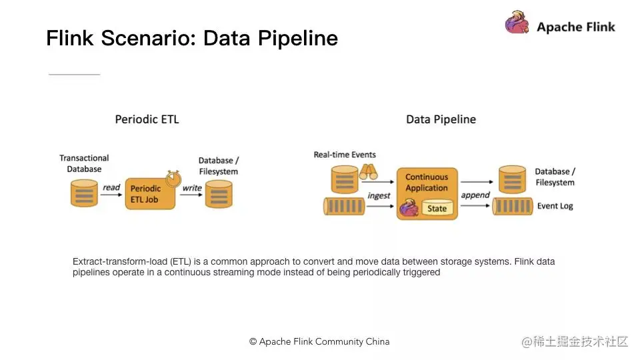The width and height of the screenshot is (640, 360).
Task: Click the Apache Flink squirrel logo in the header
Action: click(517, 23)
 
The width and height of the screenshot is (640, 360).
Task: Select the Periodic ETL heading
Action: click(147, 119)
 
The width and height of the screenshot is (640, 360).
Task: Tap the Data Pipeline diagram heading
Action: click(441, 119)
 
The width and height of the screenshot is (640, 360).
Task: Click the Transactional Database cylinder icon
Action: click(84, 193)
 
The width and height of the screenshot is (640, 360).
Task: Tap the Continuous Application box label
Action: click(427, 182)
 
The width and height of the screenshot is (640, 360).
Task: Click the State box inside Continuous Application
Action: click(437, 209)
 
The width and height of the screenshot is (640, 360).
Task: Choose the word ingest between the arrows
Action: click(379, 195)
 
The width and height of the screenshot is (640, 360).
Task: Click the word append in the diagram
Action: click(475, 195)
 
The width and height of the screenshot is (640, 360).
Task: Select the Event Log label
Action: click(555, 206)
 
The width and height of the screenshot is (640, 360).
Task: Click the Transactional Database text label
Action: click(84, 163)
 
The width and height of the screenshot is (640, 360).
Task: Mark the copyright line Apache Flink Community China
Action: click(319, 341)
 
